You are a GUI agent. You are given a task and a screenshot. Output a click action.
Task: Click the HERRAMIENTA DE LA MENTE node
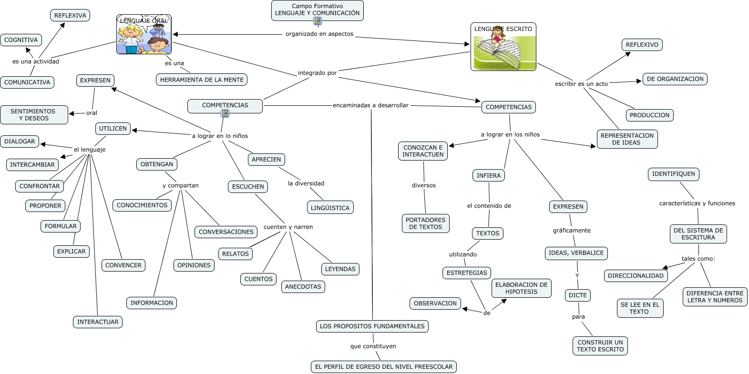tap(202, 80)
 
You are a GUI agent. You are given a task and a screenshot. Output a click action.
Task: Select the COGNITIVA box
tap(21, 40)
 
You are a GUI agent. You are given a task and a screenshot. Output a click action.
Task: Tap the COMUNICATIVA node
tap(27, 82)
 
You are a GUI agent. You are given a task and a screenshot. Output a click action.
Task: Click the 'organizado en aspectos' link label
tap(319, 34)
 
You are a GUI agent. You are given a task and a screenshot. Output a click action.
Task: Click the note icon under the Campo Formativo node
tap(318, 21)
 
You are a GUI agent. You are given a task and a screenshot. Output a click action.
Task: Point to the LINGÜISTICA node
tap(330, 208)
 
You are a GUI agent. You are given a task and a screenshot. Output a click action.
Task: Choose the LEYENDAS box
tap(340, 269)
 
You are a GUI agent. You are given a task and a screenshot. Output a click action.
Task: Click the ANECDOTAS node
tap(303, 287)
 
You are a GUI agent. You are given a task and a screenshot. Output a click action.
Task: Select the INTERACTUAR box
tap(98, 322)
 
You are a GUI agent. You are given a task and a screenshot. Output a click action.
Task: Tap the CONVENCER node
tap(123, 265)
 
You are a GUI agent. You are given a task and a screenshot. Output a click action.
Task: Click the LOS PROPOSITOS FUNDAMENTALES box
tap(372, 326)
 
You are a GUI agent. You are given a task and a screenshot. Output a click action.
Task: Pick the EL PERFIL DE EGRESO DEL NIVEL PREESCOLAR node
tap(384, 367)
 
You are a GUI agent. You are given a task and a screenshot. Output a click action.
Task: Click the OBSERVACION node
tap(435, 303)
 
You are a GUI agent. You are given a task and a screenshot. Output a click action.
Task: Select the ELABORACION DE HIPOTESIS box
tap(521, 288)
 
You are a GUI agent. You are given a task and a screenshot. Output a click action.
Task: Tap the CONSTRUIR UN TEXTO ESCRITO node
tap(600, 346)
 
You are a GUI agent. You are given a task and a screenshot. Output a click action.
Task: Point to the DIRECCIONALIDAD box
tap(636, 276)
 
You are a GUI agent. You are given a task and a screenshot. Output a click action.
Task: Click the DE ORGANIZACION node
tap(675, 79)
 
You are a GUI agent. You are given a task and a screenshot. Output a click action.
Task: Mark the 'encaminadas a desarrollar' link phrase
tap(370, 105)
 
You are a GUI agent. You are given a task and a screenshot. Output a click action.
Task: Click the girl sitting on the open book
tap(499, 37)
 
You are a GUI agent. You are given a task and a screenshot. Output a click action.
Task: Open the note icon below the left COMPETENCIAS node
tap(225, 113)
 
